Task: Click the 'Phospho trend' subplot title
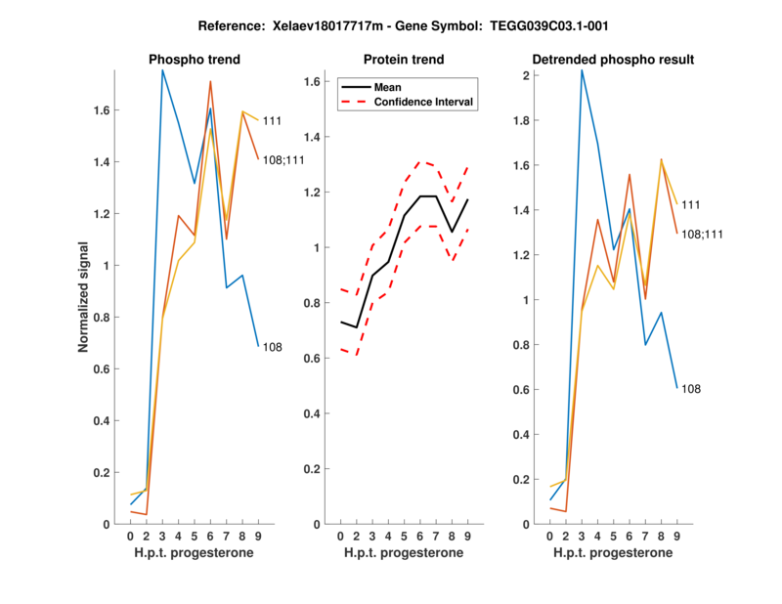click(195, 60)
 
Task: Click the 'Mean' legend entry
click(388, 87)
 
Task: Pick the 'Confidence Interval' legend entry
click(425, 102)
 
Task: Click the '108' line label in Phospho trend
click(272, 347)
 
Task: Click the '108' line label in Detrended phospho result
click(690, 389)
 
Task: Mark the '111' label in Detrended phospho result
click(690, 204)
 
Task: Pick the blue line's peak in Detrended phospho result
click(582, 70)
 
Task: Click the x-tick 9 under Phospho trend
click(258, 537)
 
